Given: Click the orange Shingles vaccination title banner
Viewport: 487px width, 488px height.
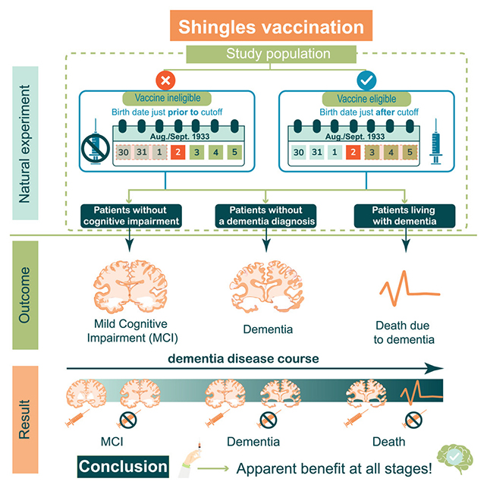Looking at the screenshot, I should tap(271, 27).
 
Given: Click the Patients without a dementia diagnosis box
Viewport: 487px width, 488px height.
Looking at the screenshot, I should tap(266, 216).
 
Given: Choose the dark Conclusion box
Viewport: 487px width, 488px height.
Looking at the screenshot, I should tap(123, 466).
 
